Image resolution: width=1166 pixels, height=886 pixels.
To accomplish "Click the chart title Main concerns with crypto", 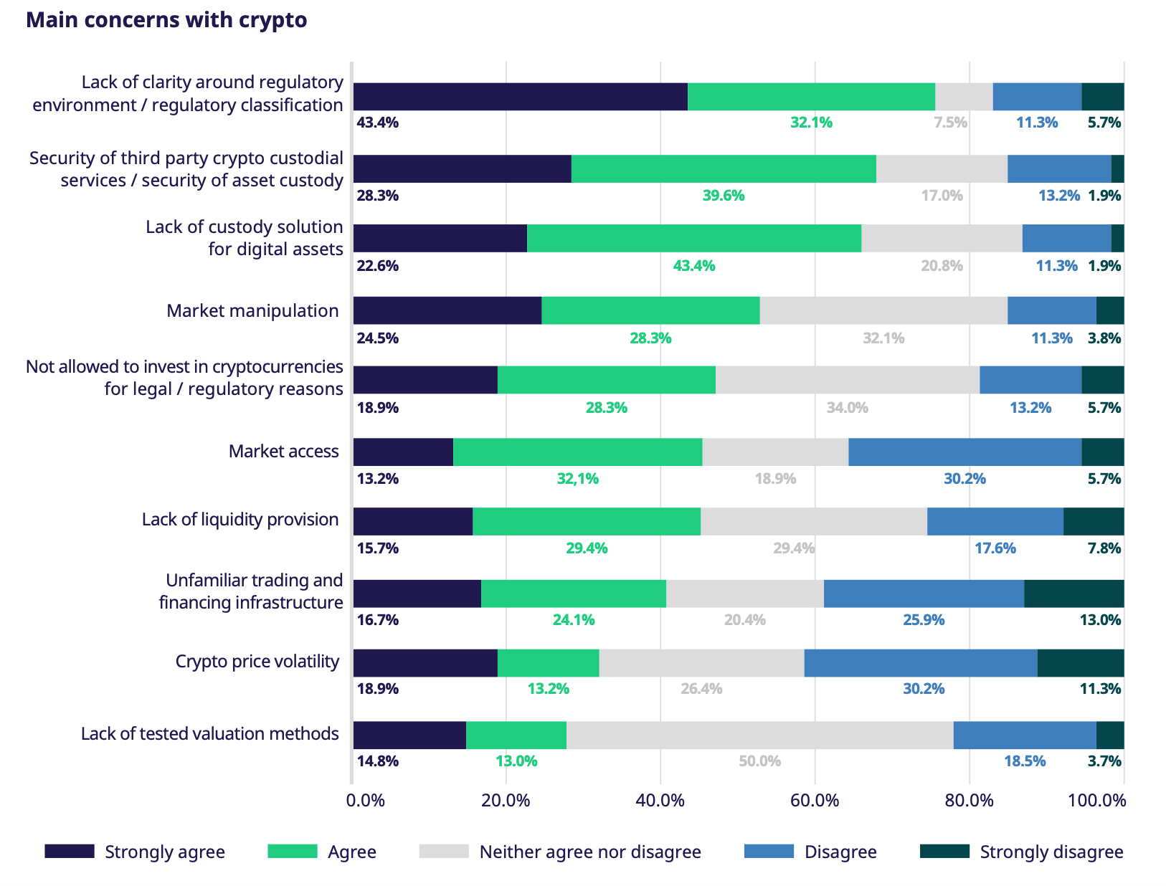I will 166,20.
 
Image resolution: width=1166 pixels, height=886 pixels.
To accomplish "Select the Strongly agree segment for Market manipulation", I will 447,310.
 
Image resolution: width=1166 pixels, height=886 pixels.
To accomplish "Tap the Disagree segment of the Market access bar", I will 964,452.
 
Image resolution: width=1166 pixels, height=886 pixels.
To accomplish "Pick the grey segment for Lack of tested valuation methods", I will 759,735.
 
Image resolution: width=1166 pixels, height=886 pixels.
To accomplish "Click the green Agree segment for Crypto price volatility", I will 548,663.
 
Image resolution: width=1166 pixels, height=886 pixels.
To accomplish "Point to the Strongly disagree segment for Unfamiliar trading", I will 1073,594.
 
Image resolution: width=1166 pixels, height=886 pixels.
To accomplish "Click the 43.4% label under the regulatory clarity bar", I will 378,123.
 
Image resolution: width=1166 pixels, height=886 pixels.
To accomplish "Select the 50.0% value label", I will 759,761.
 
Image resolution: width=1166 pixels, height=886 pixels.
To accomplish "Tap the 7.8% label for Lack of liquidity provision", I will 1104,548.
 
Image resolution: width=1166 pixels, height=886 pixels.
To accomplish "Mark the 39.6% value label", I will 723,196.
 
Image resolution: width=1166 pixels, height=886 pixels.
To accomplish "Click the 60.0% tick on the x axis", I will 815,801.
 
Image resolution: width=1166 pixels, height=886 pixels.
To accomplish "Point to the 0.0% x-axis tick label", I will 365,801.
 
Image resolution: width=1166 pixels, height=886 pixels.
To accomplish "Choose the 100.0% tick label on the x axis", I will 1096,801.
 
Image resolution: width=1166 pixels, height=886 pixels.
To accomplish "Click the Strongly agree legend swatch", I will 70,852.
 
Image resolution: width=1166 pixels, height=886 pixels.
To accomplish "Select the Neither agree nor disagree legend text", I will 589,852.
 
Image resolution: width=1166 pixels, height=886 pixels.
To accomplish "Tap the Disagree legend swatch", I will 769,852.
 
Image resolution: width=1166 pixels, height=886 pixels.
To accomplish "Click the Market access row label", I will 283,452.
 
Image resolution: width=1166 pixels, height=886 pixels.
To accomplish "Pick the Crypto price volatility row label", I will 257,662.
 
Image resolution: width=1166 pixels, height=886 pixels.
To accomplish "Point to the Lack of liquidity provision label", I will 240,520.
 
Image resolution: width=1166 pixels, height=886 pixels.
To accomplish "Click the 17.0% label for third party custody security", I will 942,196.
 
